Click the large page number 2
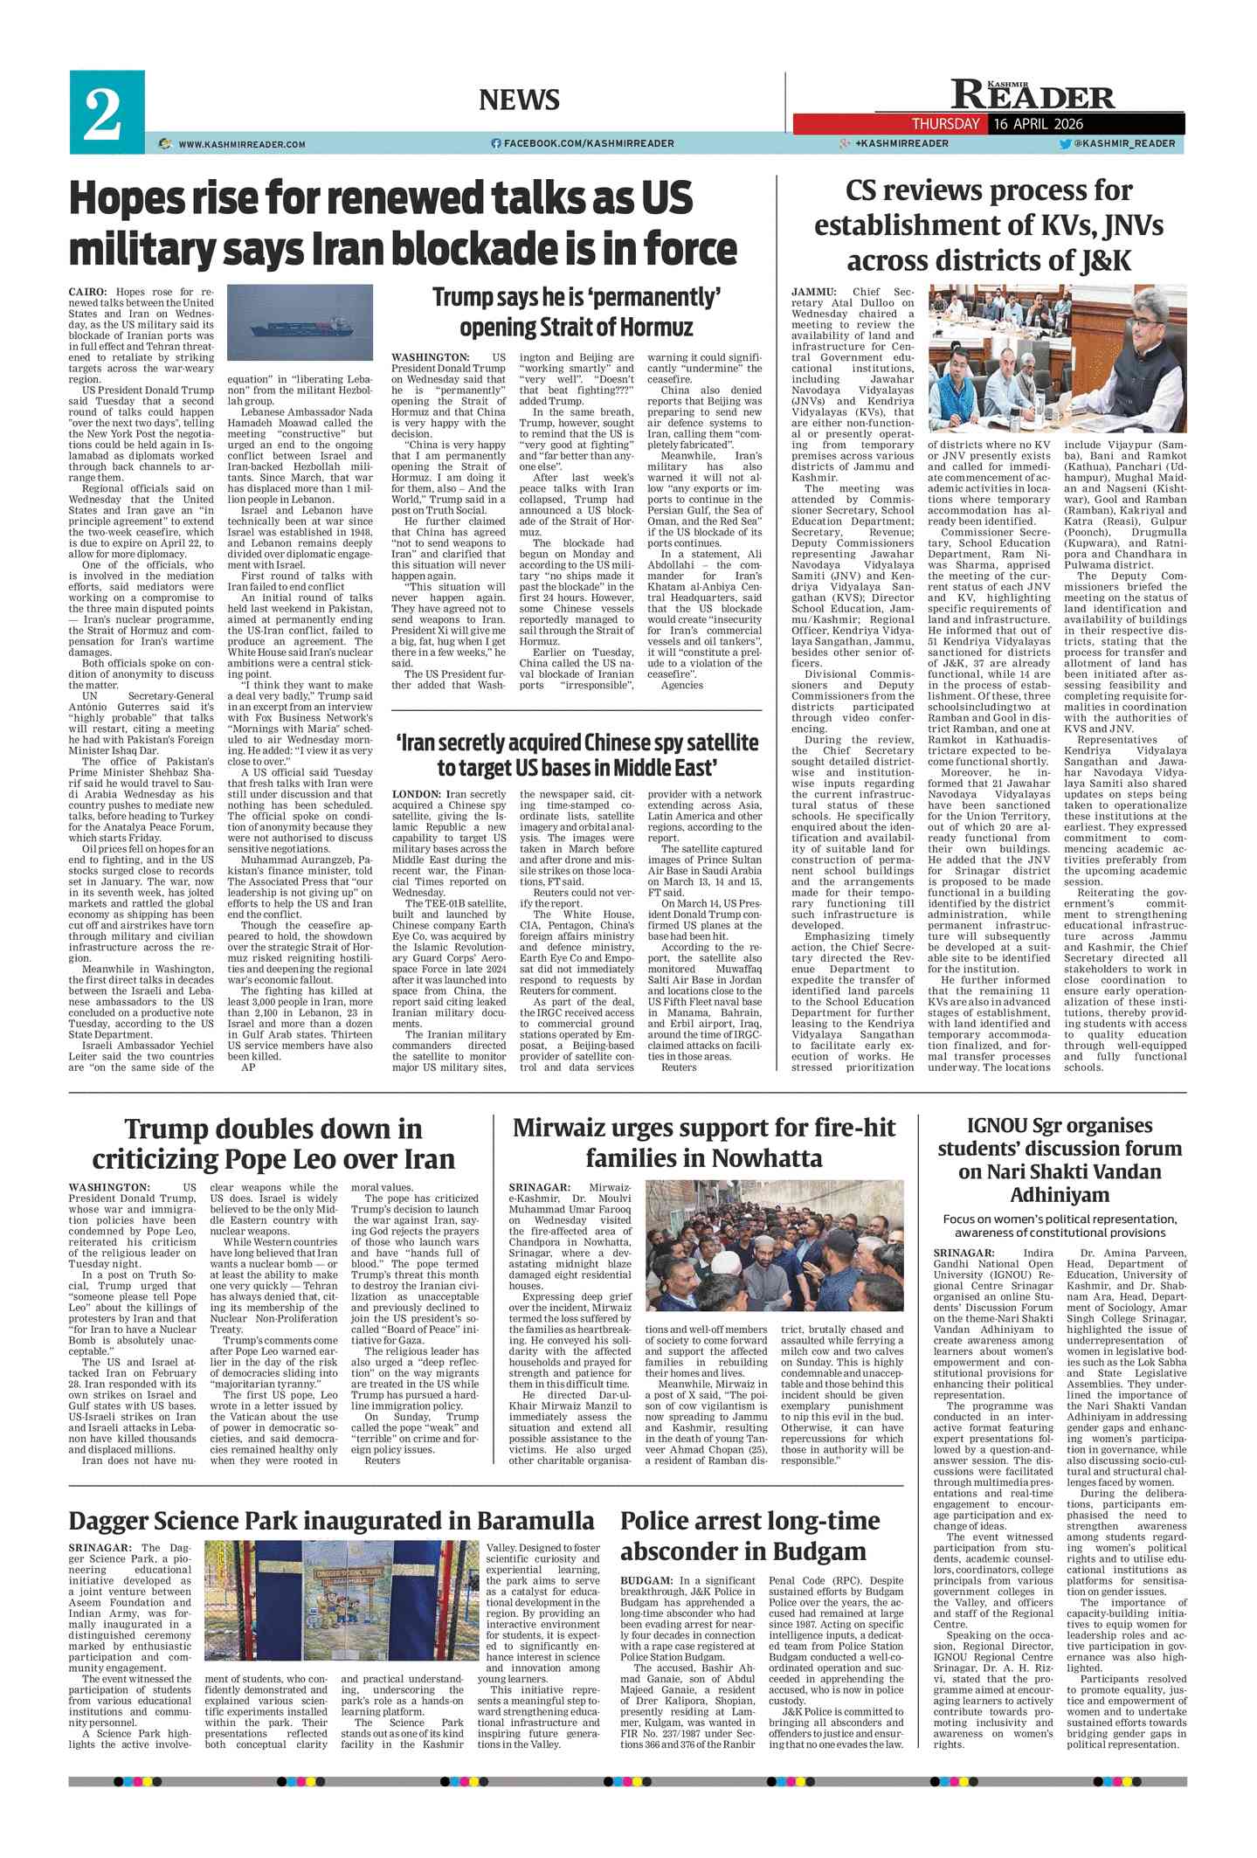(103, 114)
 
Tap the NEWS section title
(519, 100)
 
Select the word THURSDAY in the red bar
(945, 124)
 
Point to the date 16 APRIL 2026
(1039, 124)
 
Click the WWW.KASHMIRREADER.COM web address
(241, 144)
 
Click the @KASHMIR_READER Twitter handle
(1124, 143)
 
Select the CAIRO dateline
(88, 291)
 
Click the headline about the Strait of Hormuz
(577, 312)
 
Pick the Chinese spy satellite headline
(577, 755)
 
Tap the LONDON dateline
(416, 794)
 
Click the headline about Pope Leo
(273, 1143)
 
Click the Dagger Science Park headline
(331, 1521)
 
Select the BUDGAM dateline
(645, 1580)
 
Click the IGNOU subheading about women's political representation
(1060, 1226)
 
